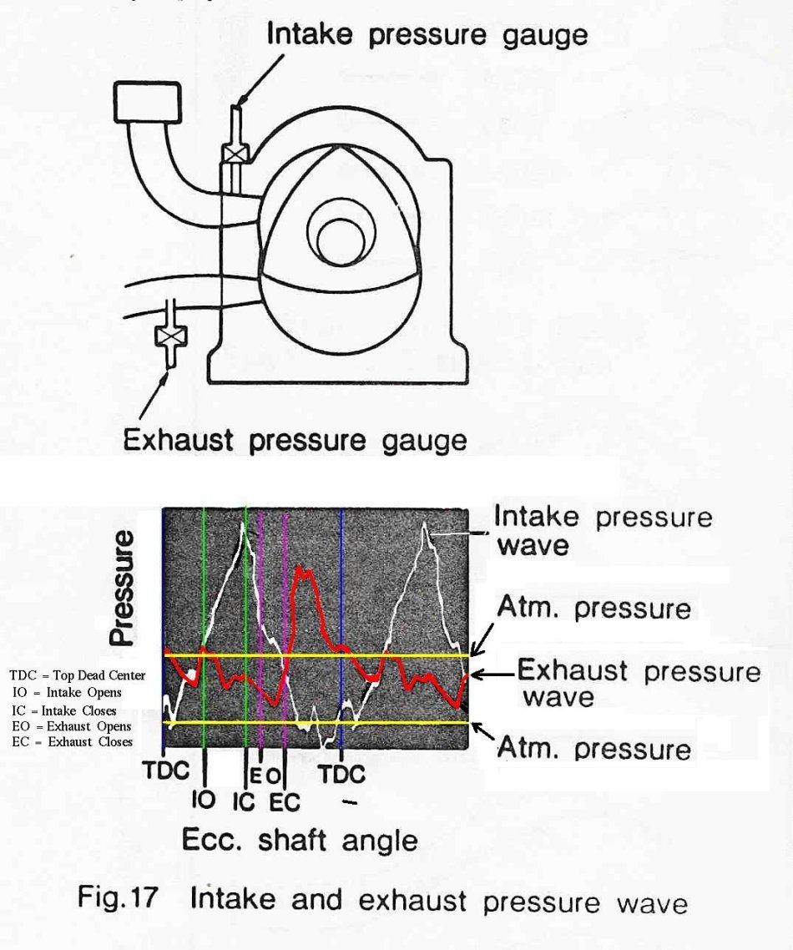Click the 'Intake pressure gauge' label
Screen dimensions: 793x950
pos(427,35)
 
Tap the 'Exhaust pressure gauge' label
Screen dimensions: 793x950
pos(295,440)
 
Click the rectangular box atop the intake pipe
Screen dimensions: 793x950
pos(147,102)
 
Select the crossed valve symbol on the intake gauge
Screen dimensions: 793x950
pos(235,153)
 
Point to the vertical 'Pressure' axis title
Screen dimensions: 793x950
pos(122,587)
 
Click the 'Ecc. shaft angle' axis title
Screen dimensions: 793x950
pos(300,841)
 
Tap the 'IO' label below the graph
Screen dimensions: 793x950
pos(204,800)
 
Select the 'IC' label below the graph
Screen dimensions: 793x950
pos(244,801)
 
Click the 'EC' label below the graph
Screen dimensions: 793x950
pos(285,803)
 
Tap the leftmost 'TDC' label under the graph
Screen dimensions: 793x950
pos(166,771)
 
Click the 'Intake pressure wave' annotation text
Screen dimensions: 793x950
pos(604,531)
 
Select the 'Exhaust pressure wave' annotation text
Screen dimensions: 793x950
pos(639,684)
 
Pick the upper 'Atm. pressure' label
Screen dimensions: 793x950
pos(594,608)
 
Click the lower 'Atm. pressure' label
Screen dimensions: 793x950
pos(594,748)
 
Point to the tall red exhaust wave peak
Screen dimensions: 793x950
pos(304,571)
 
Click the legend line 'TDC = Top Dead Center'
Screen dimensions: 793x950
pos(78,675)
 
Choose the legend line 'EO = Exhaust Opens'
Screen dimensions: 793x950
pos(72,725)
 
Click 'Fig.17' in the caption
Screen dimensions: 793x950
pos(119,897)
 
